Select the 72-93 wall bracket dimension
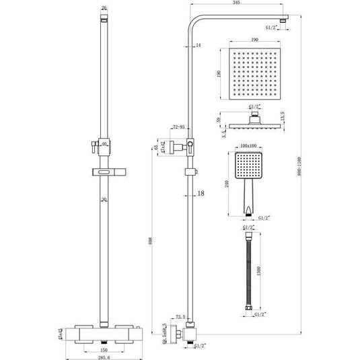point(179,127)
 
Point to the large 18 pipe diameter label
point(201,194)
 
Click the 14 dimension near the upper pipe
point(197,45)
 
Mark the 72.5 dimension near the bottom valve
point(179,316)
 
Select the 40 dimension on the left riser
point(105,143)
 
